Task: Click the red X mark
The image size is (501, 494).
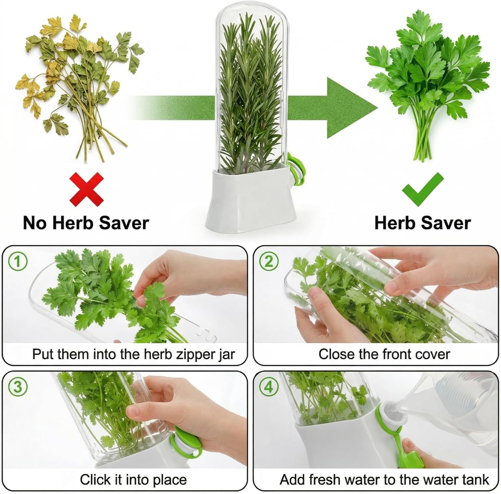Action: pyautogui.click(x=87, y=189)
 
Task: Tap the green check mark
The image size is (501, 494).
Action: pyautogui.click(x=423, y=189)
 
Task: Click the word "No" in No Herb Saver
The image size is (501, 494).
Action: pyautogui.click(x=34, y=222)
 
